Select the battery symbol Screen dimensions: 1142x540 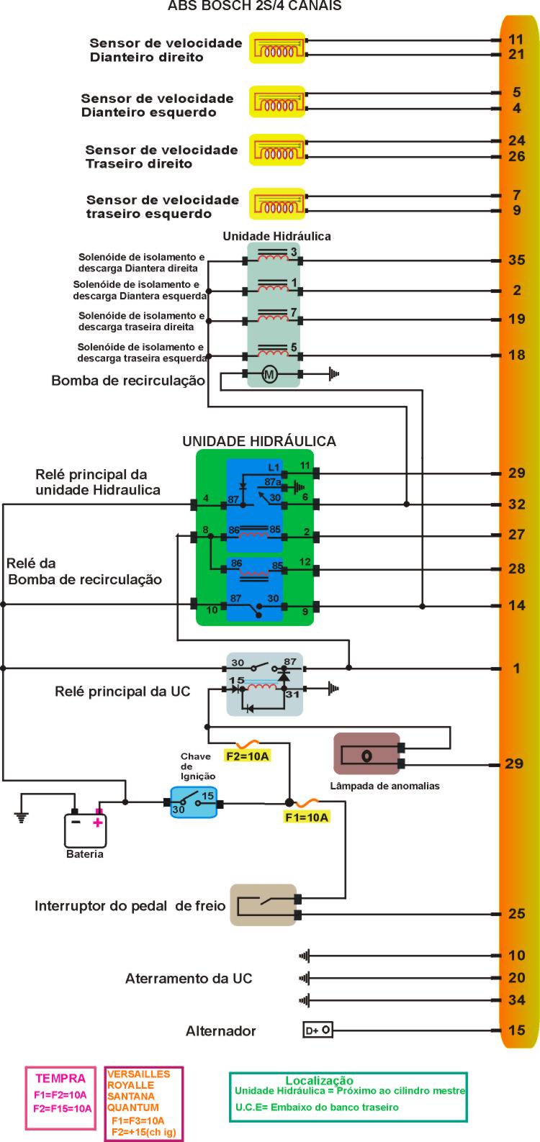86,830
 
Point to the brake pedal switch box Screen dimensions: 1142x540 263,905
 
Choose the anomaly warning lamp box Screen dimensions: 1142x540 366,754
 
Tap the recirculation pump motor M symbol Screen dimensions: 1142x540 269,374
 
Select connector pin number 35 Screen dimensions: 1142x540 516,260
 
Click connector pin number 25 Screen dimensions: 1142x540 516,914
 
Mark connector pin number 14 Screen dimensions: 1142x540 516,605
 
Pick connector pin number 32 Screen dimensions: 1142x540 516,504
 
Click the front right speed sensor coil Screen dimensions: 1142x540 276,47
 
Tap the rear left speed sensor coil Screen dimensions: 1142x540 276,205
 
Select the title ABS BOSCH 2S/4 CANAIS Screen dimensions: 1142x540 254,6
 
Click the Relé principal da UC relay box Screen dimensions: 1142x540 264,684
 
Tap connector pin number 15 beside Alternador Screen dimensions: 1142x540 516,1030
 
